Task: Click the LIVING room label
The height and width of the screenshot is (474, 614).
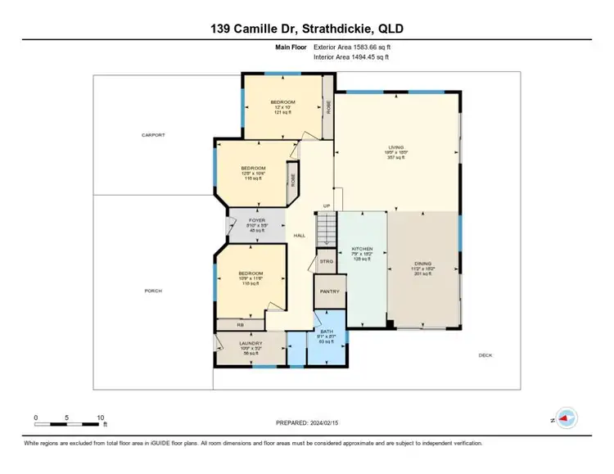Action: click(395, 147)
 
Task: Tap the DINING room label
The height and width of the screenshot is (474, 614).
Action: click(422, 264)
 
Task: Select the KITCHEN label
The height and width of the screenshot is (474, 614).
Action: click(363, 248)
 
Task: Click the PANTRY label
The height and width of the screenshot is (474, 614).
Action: click(330, 291)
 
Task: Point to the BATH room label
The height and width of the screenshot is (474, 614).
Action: click(326, 331)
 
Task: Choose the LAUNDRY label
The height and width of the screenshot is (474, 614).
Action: click(251, 344)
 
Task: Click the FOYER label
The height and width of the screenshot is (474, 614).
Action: click(257, 220)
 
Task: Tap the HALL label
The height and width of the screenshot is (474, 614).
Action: click(300, 236)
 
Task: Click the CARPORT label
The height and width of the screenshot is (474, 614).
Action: click(153, 135)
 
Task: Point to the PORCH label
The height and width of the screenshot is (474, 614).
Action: click(153, 291)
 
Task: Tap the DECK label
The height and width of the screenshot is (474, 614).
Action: click(485, 354)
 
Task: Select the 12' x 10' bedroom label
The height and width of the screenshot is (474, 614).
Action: click(283, 102)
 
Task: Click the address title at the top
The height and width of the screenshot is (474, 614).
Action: click(306, 29)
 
